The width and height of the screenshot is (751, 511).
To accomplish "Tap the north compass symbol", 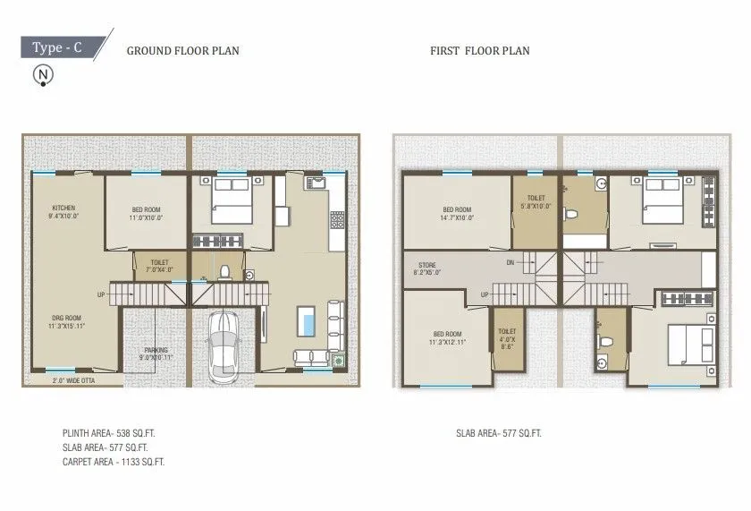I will click(41, 77).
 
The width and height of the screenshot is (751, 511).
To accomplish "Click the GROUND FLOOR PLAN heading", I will click(182, 51).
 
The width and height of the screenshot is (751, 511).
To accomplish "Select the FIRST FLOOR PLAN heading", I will click(479, 51).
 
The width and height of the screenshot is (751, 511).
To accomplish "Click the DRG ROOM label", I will click(65, 322).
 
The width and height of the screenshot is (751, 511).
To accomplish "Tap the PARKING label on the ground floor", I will click(156, 353).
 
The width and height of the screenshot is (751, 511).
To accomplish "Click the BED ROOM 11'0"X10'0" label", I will click(145, 213).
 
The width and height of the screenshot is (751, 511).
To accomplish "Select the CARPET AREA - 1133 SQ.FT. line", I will click(113, 462).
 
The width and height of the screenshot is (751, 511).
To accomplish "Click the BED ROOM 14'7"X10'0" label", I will click(458, 213).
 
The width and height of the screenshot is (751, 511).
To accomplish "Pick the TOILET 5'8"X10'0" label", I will click(536, 203).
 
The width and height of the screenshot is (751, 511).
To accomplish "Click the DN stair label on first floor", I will click(511, 262).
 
